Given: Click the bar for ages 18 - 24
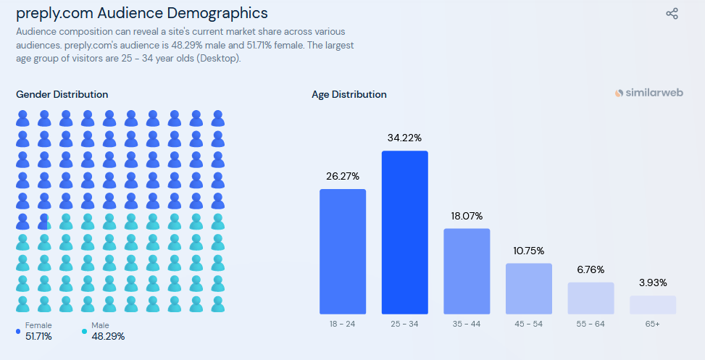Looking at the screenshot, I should tap(343, 251).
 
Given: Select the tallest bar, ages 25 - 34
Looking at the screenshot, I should tap(405, 233).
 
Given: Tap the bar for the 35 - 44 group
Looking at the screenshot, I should tap(467, 271).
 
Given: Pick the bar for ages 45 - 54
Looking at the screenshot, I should tap(529, 288).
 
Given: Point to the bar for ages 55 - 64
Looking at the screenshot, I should tap(591, 298).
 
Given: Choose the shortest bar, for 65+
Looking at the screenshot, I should tap(653, 304).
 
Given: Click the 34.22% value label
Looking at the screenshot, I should tap(404, 138).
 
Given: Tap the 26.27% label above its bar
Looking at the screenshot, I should tap(343, 176).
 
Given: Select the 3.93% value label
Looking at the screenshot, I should tap(653, 282).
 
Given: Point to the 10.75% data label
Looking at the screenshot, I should tap(529, 250).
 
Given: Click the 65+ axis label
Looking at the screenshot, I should tap(653, 324).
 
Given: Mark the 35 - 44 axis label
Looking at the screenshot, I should tap(467, 324).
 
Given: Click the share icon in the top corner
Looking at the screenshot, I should tap(672, 13).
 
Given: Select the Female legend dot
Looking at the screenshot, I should tap(18, 331).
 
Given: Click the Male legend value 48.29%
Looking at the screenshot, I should tap(108, 336).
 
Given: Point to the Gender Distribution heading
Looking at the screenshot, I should tap(62, 95).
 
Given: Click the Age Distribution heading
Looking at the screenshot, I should tap(349, 95).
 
